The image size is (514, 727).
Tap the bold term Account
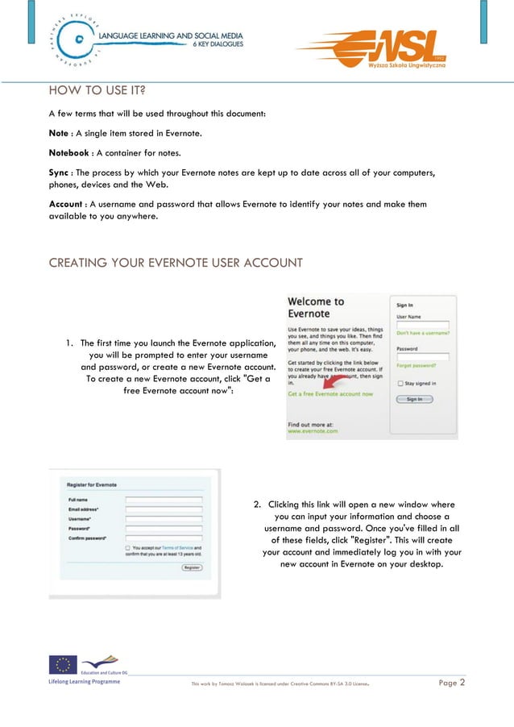(x=68, y=205)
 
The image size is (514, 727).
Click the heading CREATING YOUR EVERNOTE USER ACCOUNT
(x=176, y=264)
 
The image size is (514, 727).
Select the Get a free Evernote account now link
(x=330, y=394)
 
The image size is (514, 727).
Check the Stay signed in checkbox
(x=400, y=384)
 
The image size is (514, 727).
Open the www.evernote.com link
(x=312, y=431)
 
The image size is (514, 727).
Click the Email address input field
(x=164, y=510)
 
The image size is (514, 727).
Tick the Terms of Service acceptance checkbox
(x=128, y=548)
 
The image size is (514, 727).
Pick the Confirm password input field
(x=164, y=536)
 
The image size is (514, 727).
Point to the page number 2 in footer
(x=462, y=683)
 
